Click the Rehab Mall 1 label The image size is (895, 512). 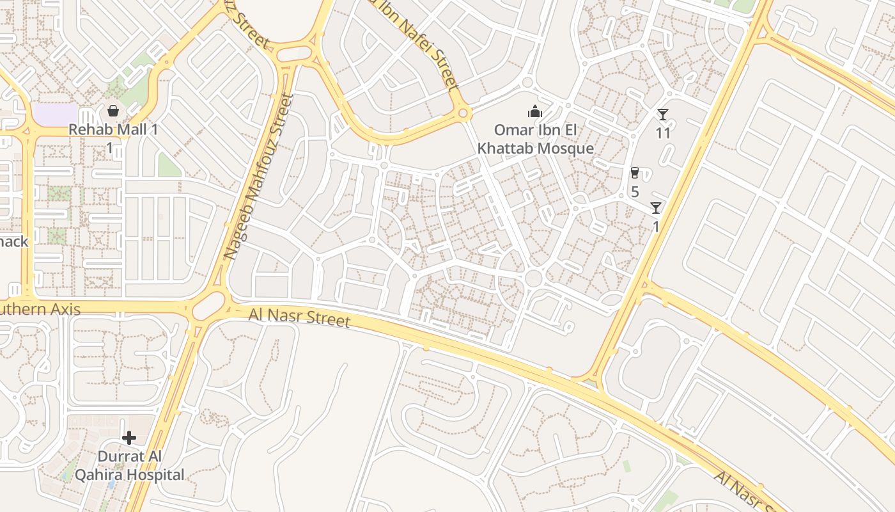(x=113, y=129)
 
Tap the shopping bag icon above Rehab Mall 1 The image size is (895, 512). (x=113, y=111)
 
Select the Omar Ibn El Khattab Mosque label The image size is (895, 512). (x=536, y=140)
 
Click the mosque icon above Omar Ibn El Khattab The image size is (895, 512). (x=535, y=112)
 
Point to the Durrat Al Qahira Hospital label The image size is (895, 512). (x=129, y=466)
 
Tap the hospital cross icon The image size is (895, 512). (x=129, y=438)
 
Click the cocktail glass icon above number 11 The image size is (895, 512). (x=663, y=115)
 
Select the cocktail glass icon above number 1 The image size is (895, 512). (x=655, y=207)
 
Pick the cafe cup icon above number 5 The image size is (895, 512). (x=634, y=173)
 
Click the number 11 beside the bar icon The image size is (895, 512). (x=663, y=133)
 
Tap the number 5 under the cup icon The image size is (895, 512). (x=635, y=191)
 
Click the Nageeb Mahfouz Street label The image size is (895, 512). (x=259, y=177)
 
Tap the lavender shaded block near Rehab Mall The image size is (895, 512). (x=54, y=115)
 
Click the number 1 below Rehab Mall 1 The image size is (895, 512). (x=109, y=149)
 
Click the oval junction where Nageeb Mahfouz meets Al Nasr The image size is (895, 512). (x=209, y=305)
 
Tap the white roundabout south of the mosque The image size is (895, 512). (x=533, y=278)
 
